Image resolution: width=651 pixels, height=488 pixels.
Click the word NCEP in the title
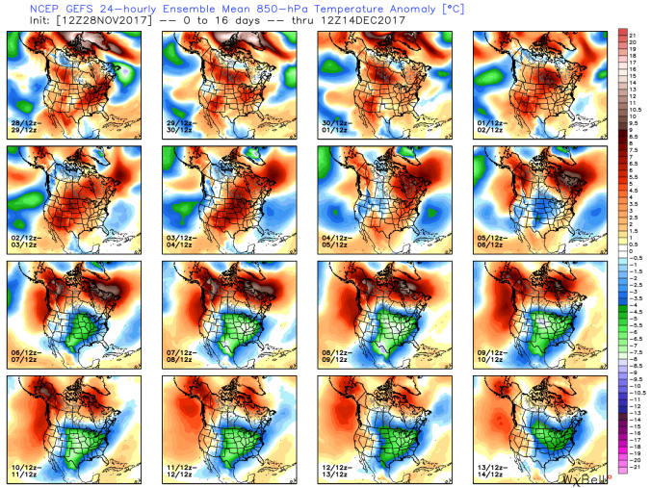click(x=23, y=8)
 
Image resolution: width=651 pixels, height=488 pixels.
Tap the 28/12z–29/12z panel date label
click(x=25, y=128)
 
